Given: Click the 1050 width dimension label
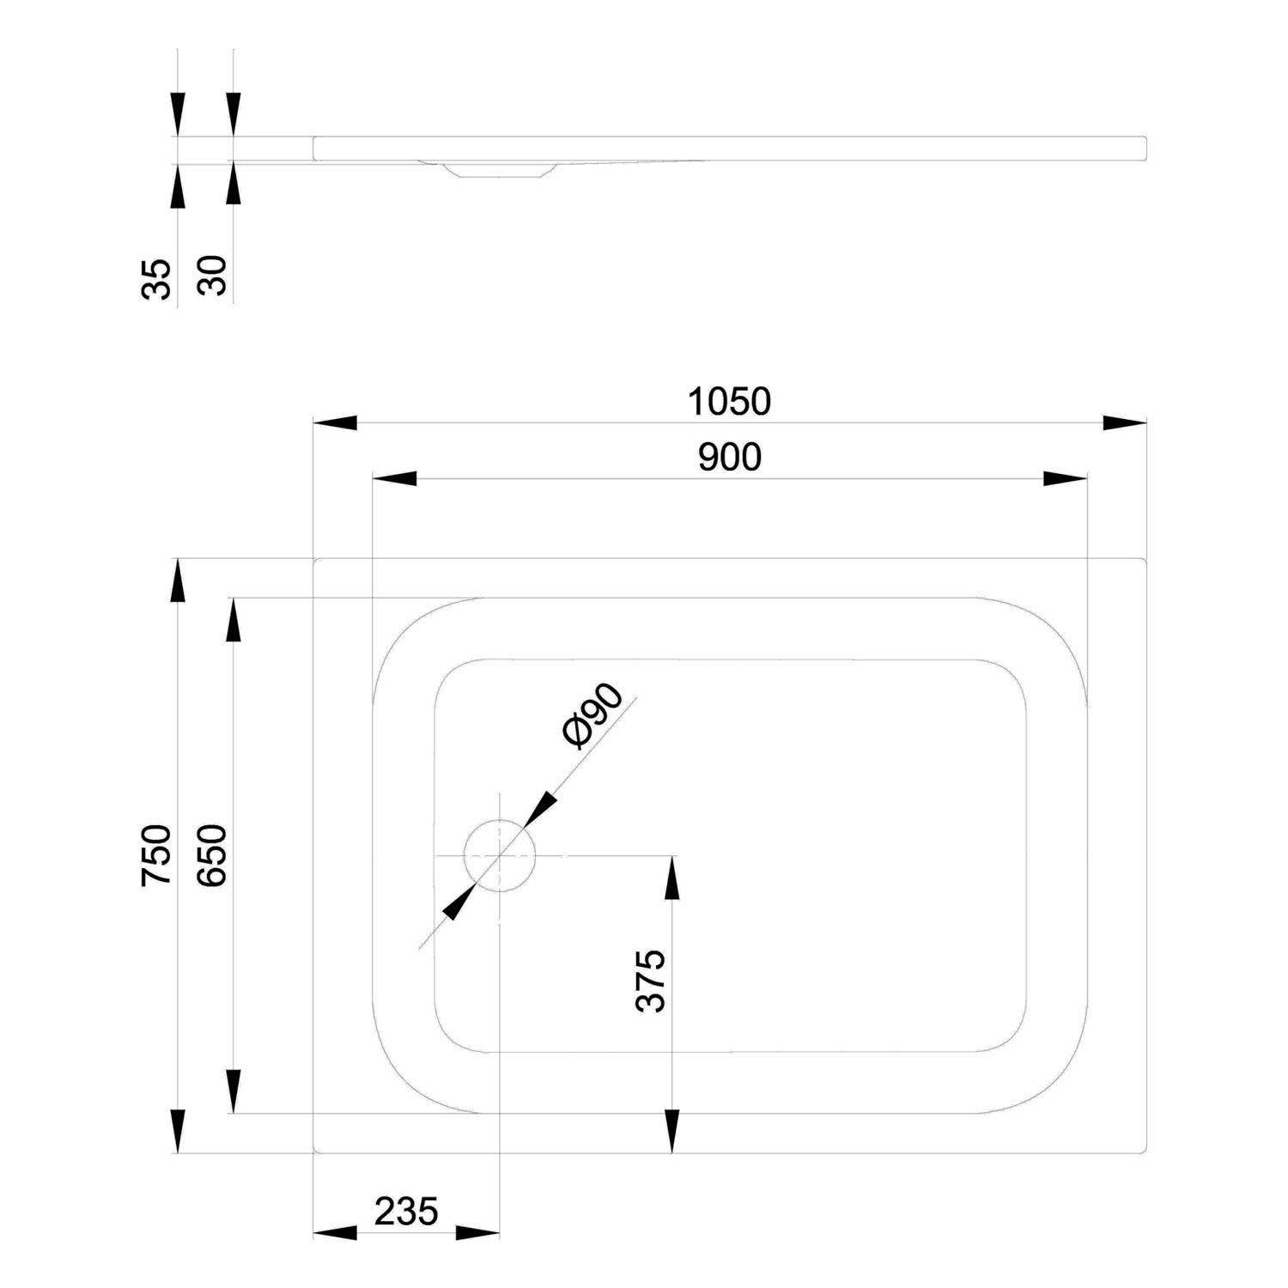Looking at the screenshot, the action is [730, 402].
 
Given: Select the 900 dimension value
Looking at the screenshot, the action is [730, 458].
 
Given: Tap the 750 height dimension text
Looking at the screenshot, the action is [158, 855].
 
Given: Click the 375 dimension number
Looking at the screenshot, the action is [651, 981].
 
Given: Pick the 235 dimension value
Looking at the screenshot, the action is [406, 1212].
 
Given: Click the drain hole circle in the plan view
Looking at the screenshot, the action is [500, 821].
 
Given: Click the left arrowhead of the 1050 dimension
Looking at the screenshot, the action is [335, 422].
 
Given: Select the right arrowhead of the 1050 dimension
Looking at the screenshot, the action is [1125, 422].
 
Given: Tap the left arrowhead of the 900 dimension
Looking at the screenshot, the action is [394, 478].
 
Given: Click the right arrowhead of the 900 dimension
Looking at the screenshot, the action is [1066, 478].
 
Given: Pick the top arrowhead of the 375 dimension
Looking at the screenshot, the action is [671, 878].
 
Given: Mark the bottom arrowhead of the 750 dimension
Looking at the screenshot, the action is [177, 1131].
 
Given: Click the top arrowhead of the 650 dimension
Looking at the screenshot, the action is [232, 619].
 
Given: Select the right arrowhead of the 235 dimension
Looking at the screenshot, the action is [477, 1233].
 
